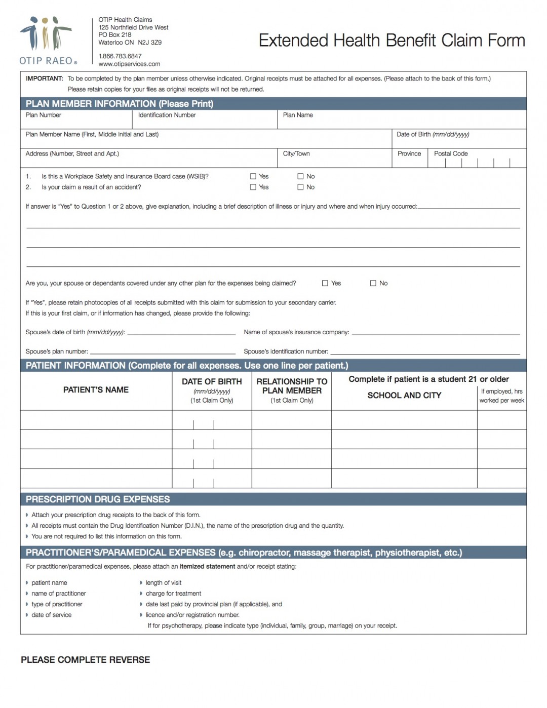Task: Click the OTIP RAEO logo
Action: pos(48,41)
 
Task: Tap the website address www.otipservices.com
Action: pos(129,64)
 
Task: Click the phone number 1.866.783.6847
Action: pos(120,56)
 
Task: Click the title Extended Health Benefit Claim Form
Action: pos(392,41)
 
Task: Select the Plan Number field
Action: pos(76,122)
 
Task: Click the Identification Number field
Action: pos(205,122)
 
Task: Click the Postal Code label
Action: pos(450,153)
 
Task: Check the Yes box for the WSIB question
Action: pos(253,176)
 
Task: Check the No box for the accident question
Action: pos(300,187)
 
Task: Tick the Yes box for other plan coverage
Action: pos(325,283)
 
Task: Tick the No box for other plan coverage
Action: pos(373,283)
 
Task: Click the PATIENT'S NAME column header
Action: pos(96,389)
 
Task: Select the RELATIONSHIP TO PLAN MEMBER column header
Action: pos(292,386)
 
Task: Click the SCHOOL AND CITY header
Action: pos(404,395)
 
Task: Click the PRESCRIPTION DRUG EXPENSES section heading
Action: pos(98,499)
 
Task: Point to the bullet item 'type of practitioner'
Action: pos(57,604)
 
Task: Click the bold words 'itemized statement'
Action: pos(207,566)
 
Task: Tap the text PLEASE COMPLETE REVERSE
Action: pos(85,659)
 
